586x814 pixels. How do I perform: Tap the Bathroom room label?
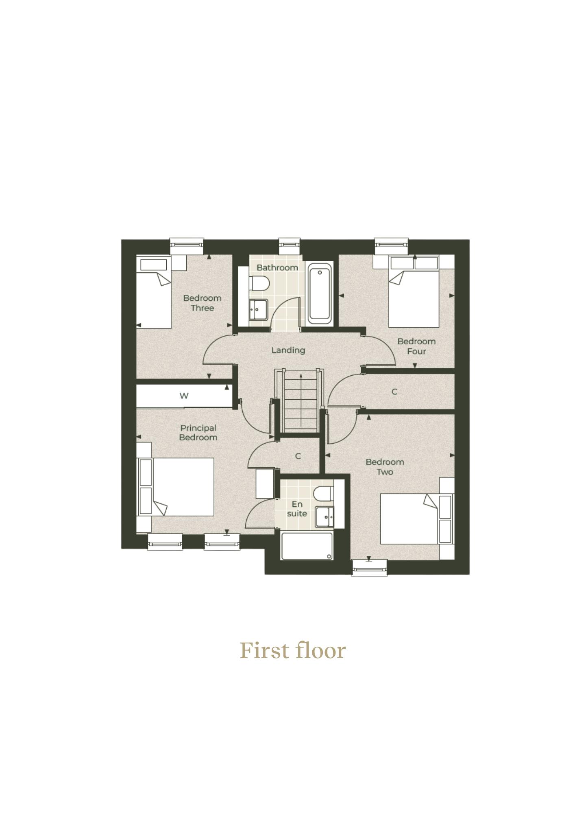[x=277, y=267]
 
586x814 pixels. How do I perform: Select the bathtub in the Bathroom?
[x=320, y=293]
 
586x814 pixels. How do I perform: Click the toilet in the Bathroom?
[x=259, y=283]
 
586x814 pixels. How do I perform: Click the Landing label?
[x=288, y=350]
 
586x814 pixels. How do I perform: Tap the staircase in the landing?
[x=300, y=400]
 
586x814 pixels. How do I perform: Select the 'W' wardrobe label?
[x=184, y=396]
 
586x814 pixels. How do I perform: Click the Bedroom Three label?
[x=202, y=303]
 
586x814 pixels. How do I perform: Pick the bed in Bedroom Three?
[x=153, y=292]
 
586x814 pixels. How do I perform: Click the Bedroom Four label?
[x=416, y=346]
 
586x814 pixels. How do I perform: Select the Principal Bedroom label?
[x=198, y=433]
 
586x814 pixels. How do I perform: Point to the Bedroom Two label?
[x=385, y=467]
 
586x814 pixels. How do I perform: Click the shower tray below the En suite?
[x=307, y=546]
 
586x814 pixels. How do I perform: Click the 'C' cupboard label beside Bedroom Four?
[x=394, y=392]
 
